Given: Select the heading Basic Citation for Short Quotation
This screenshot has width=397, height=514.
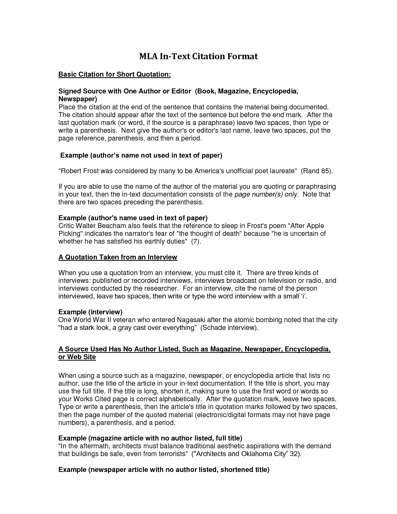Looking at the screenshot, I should [115, 74].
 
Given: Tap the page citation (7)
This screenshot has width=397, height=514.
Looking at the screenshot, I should [195, 241].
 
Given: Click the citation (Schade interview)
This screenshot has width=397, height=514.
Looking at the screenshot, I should [229, 328].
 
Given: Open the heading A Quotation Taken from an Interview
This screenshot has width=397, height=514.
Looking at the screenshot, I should [118, 257].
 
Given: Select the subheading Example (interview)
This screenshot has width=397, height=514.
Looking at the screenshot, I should [90, 312].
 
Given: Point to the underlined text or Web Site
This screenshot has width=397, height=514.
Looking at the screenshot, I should [77, 357].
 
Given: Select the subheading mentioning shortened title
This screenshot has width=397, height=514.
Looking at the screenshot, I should [164, 470].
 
